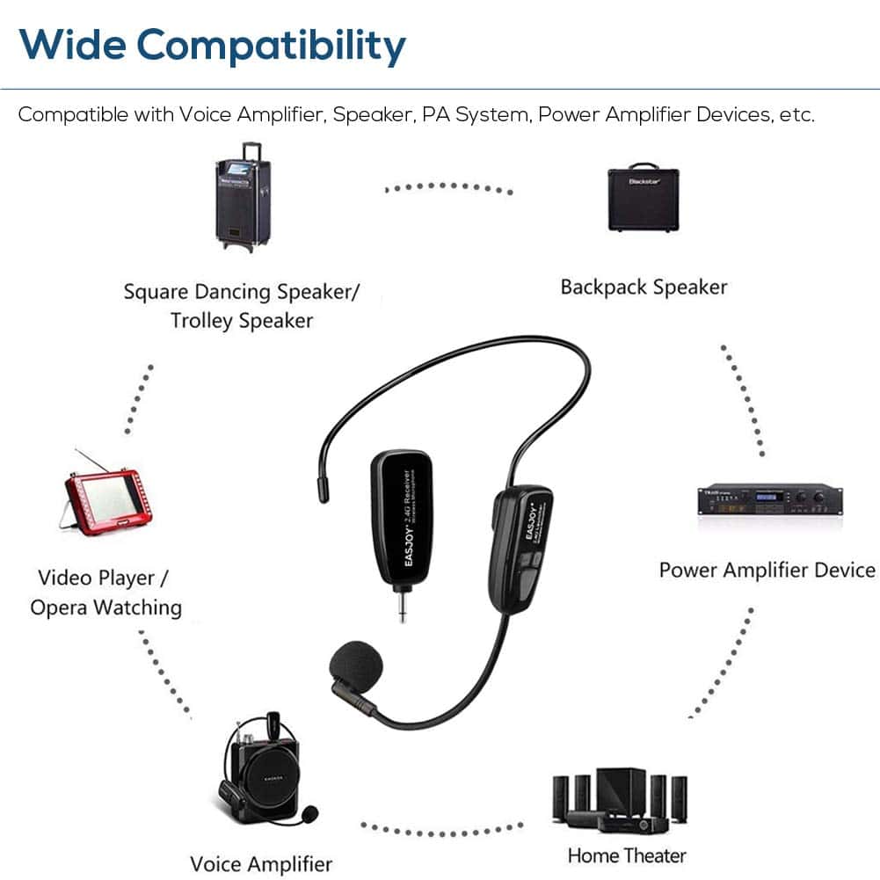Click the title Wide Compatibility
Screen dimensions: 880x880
click(212, 46)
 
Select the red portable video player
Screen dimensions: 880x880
click(104, 499)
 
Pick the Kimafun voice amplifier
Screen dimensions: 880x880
click(262, 773)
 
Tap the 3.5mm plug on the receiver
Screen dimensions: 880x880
click(402, 606)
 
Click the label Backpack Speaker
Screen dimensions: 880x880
click(644, 287)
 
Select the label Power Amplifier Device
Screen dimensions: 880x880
click(767, 570)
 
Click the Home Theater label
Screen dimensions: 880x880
click(626, 855)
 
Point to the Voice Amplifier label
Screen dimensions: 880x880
click(261, 864)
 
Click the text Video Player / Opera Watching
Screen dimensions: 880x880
click(105, 593)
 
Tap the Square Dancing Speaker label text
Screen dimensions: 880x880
click(241, 292)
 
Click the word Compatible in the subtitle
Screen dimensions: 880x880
click(70, 115)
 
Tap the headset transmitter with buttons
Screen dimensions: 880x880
click(521, 549)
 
